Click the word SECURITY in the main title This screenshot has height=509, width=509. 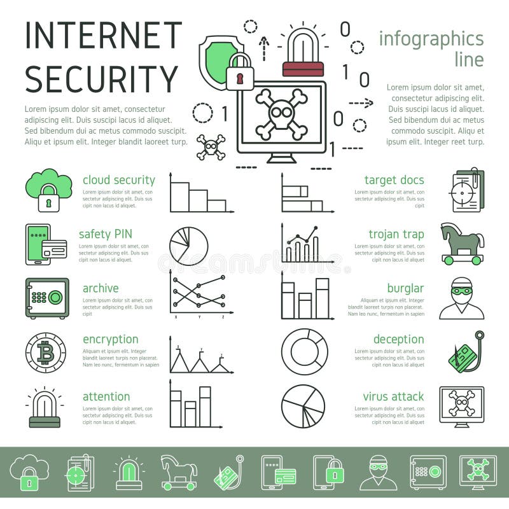click(102, 79)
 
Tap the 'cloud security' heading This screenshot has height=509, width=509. click(118, 180)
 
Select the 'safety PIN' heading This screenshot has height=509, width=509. click(106, 234)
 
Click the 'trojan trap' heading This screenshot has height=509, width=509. click(396, 234)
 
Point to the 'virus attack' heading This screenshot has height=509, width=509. click(393, 396)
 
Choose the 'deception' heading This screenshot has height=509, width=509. click(398, 339)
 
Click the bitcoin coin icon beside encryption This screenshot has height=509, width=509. click(46, 352)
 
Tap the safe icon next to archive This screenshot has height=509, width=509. click(47, 298)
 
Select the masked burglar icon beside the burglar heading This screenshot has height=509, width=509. click(462, 298)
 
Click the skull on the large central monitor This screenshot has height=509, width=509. click(281, 115)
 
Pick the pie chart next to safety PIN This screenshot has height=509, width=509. click(188, 246)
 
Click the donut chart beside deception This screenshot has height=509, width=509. click(303, 351)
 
